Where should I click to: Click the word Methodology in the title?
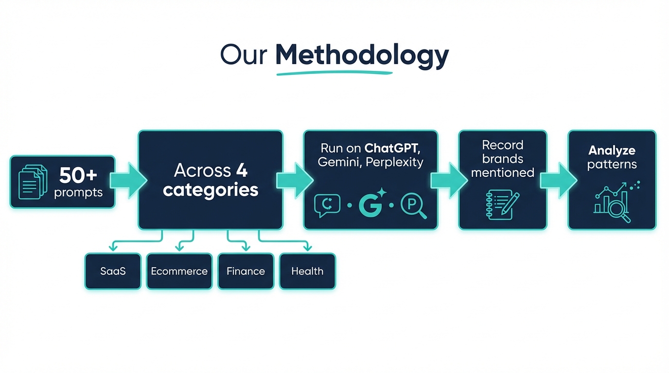[362, 55]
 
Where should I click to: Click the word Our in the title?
[244, 55]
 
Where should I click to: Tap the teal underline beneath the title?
[334, 73]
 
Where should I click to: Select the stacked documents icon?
[33, 182]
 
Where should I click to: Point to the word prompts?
[78, 192]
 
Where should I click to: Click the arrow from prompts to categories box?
[127, 181]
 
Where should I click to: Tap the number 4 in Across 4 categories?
[242, 170]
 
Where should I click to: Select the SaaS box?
[113, 271]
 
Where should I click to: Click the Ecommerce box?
[179, 271]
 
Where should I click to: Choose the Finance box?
[246, 271]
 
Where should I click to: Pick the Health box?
[307, 271]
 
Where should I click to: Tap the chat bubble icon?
[327, 205]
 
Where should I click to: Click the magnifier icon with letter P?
[413, 205]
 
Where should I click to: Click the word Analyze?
[612, 151]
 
